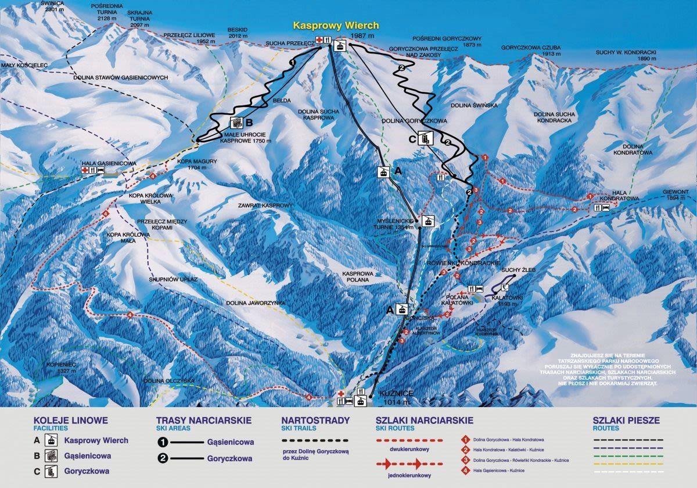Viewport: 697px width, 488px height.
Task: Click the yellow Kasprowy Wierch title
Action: point(336,26)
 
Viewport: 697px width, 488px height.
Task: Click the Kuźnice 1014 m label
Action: point(396,397)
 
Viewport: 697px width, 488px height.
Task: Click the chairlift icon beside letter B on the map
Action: point(237,123)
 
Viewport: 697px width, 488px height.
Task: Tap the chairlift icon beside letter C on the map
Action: point(425,138)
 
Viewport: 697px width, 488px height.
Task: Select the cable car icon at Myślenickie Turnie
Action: point(428,221)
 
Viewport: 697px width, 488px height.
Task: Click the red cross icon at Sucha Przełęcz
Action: point(319,40)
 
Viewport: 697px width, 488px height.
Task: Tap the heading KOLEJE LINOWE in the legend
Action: point(70,420)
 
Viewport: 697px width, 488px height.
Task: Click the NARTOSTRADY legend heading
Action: point(315,420)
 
